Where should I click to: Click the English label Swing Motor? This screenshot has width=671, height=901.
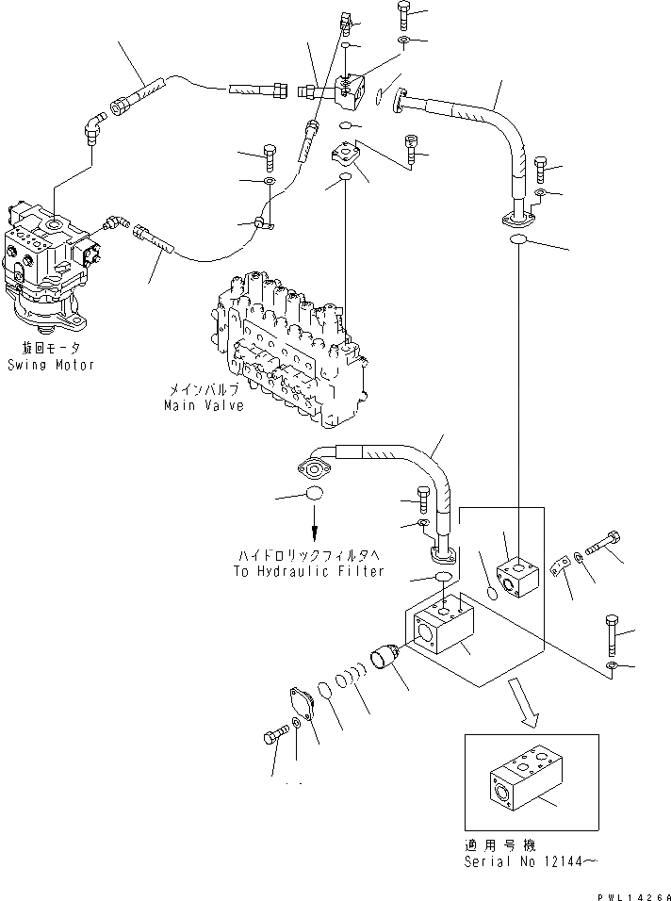pos(52,365)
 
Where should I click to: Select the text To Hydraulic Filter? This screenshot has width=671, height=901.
pos(308,571)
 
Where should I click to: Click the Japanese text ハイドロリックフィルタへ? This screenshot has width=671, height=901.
pos(308,556)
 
